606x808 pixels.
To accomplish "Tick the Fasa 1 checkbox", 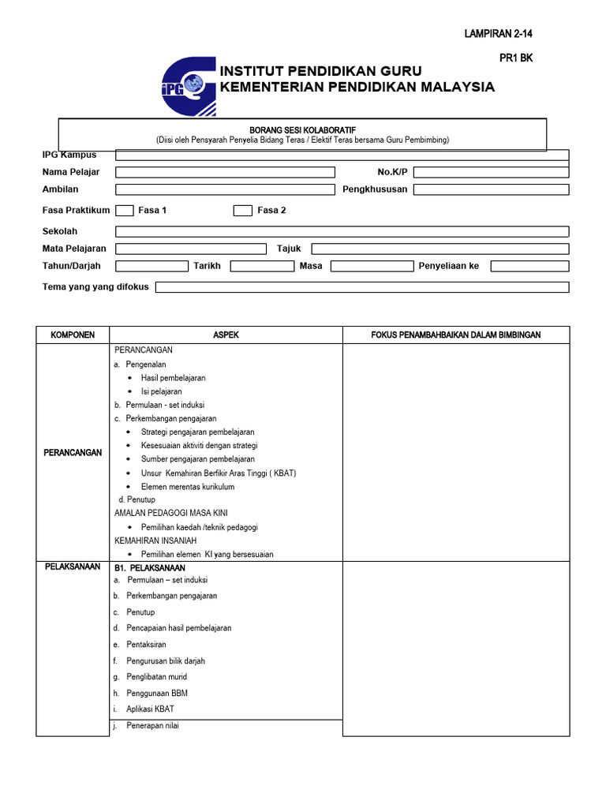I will pos(124,211).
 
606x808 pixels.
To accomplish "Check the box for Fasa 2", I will pos(243,211).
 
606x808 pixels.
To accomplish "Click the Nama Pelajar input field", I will pos(225,172).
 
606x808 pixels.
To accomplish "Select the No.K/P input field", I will pos(490,172).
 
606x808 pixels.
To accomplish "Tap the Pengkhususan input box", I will pos(490,189).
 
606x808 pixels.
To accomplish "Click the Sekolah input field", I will pos(342,231).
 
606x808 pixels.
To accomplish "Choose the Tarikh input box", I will pos(261,267).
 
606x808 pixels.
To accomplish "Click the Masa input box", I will pos(370,267).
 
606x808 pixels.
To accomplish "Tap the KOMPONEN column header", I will pos(73,335).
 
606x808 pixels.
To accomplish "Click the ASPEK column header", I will pos(226,335).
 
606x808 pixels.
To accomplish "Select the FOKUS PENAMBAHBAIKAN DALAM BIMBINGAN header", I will pos(455,335).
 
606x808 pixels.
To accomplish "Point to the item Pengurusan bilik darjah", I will pos(165,661).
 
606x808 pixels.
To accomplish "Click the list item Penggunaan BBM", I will pos(156,694).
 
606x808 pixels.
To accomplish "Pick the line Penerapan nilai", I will pos(152,726).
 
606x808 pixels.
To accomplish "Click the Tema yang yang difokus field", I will pos(361,287).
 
